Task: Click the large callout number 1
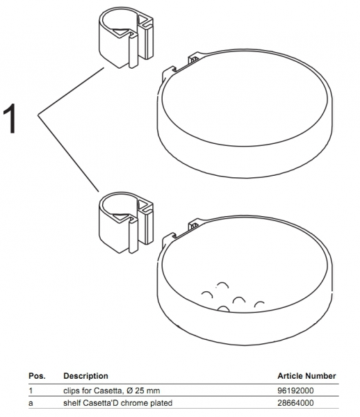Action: [x=10, y=118]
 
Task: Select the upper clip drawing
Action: [x=126, y=38]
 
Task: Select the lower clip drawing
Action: [x=126, y=222]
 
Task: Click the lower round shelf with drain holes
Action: [x=245, y=281]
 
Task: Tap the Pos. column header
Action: [x=37, y=376]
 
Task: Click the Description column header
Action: [x=85, y=376]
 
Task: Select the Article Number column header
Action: [x=306, y=376]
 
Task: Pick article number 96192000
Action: [x=295, y=391]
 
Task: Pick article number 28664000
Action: [x=295, y=403]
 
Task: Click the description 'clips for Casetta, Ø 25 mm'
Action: [x=112, y=391]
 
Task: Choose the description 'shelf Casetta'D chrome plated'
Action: [x=117, y=403]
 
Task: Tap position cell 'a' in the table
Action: [x=31, y=403]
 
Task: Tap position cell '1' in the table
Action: [x=31, y=391]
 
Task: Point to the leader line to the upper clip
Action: [x=71, y=91]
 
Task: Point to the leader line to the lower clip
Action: [x=68, y=153]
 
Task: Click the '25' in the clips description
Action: [x=140, y=391]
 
